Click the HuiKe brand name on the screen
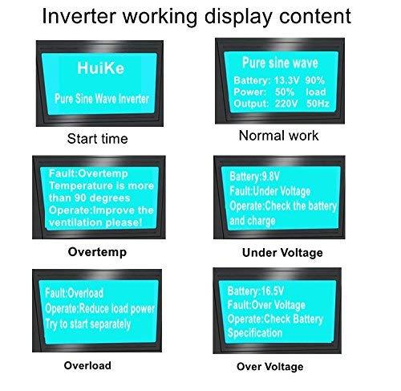point(101,67)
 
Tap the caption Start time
point(98,139)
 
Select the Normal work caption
point(278,136)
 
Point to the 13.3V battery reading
point(286,80)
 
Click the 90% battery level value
point(315,80)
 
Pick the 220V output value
point(286,104)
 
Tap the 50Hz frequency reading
point(318,104)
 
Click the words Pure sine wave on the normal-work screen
point(280,63)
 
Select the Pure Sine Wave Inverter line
point(102,99)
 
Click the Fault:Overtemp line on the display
point(88,173)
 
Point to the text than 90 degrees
point(89,198)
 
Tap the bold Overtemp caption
point(97,252)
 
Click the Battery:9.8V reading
point(254,177)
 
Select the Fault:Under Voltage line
point(270,191)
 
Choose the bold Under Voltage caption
point(282,253)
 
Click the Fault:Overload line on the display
point(74,293)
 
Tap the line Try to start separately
point(88,324)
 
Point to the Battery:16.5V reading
point(255,291)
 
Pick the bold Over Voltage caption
point(270,367)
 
